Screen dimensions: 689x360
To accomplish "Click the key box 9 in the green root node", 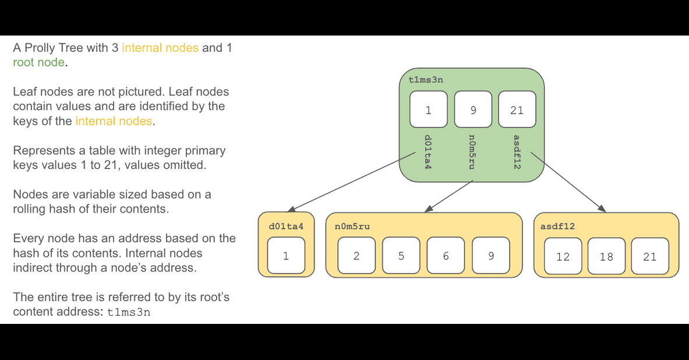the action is pyautogui.click(x=473, y=110).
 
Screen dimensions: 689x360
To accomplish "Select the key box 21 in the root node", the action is pyautogui.click(x=517, y=110).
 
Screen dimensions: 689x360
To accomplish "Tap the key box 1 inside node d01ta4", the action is pyautogui.click(x=286, y=255).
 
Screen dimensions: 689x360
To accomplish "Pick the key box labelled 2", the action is pyautogui.click(x=356, y=255).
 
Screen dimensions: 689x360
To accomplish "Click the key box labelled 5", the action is pyautogui.click(x=401, y=255).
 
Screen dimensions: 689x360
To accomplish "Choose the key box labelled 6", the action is pyautogui.click(x=446, y=255).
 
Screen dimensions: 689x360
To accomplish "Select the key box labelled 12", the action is pyautogui.click(x=563, y=256).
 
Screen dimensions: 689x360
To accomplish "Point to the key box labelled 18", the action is pyautogui.click(x=606, y=256).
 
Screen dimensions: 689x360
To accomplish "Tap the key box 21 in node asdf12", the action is pyautogui.click(x=650, y=256).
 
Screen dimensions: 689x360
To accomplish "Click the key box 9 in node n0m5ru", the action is pyautogui.click(x=491, y=255).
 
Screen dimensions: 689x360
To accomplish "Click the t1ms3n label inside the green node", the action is pyautogui.click(x=426, y=80).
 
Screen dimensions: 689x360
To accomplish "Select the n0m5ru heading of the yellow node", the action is pyautogui.click(x=352, y=227).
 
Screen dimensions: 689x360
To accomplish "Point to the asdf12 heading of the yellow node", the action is pyautogui.click(x=557, y=227).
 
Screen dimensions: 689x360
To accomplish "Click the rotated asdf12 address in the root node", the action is pyautogui.click(x=517, y=152).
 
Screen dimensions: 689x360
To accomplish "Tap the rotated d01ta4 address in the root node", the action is pyautogui.click(x=427, y=152).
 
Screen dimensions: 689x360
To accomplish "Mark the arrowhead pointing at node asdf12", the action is pyautogui.click(x=602, y=209).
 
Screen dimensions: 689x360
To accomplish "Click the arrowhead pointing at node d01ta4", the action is pyautogui.click(x=291, y=209).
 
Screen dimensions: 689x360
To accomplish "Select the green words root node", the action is pyautogui.click(x=38, y=62).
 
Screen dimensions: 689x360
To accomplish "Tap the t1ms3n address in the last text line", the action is pyautogui.click(x=129, y=312).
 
